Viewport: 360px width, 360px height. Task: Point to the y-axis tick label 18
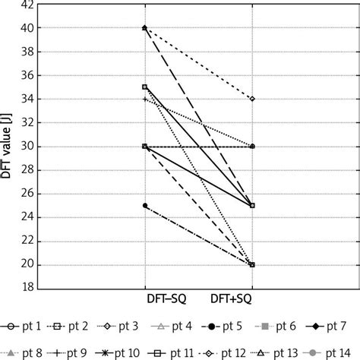pos(25,289)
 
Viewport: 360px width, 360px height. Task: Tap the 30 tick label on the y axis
pos(25,147)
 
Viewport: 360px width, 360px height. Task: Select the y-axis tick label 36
pos(25,75)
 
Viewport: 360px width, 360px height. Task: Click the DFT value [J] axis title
pos(7,147)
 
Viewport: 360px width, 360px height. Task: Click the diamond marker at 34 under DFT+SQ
pos(252,99)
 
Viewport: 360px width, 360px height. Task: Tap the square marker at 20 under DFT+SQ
pos(252,265)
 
